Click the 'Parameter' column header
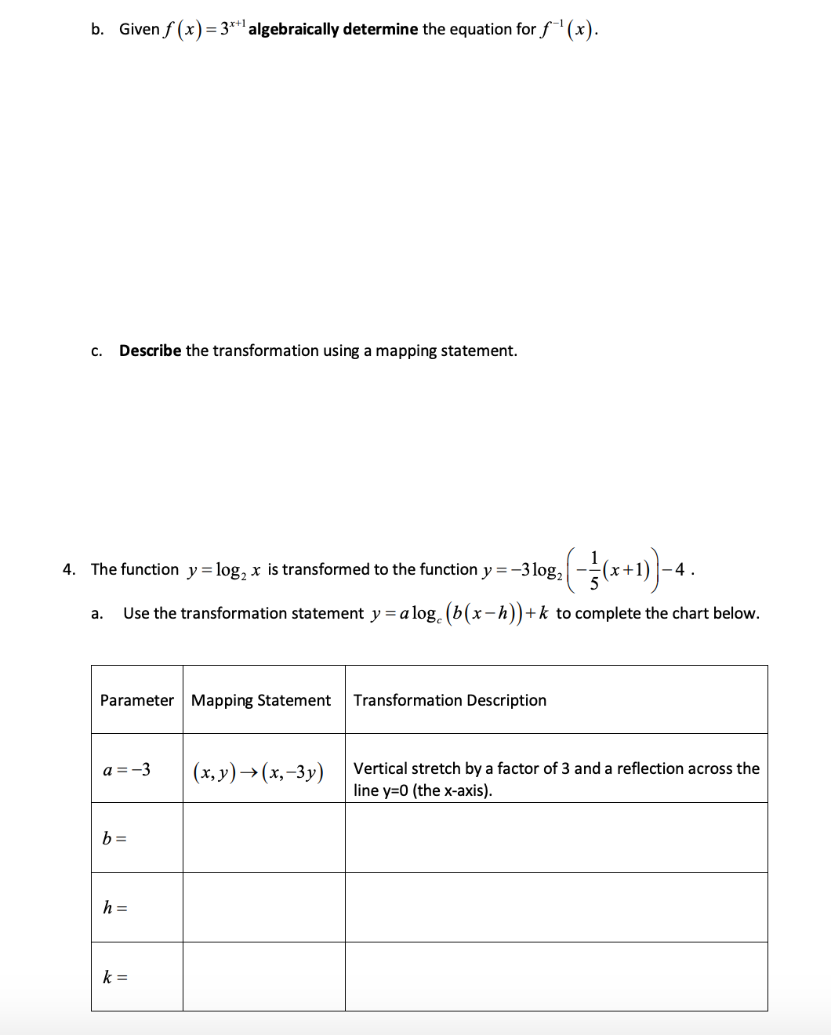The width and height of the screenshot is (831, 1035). pyautogui.click(x=136, y=700)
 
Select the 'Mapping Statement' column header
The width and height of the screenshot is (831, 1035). pyautogui.click(x=261, y=700)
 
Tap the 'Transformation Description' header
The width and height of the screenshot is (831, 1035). pyautogui.click(x=450, y=700)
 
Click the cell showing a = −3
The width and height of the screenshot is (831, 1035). pyautogui.click(x=127, y=769)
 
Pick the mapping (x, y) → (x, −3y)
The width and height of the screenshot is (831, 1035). pyautogui.click(x=259, y=772)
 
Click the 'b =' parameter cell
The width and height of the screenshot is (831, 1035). pyautogui.click(x=114, y=838)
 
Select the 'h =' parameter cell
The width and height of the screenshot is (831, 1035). pyautogui.click(x=115, y=908)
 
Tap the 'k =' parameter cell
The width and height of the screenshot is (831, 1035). pyautogui.click(x=115, y=977)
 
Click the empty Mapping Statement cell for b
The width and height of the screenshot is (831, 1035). pyautogui.click(x=264, y=837)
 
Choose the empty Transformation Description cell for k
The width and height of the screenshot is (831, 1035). pyautogui.click(x=556, y=976)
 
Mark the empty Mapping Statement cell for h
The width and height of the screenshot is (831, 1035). pyautogui.click(x=264, y=907)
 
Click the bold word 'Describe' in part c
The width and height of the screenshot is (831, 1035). pyautogui.click(x=150, y=350)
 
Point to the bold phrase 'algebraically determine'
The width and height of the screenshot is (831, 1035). pyautogui.click(x=333, y=29)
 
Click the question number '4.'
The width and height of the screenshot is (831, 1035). pyautogui.click(x=69, y=569)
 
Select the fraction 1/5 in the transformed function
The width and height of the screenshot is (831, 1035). pyautogui.click(x=593, y=570)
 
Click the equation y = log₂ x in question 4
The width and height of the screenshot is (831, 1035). pyautogui.click(x=223, y=570)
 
